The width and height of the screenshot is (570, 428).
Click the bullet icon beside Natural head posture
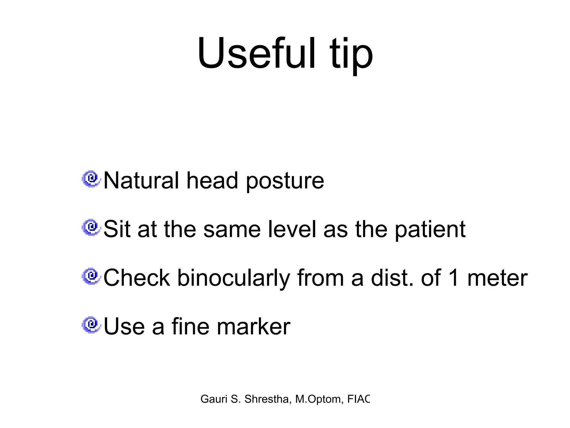(x=91, y=179)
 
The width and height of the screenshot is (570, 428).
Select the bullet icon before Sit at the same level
(x=91, y=228)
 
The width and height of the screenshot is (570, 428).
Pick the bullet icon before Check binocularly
(x=91, y=276)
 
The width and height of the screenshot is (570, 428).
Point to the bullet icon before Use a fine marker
(x=91, y=325)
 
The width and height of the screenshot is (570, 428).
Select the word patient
(x=430, y=230)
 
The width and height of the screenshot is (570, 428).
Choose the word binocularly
(x=234, y=279)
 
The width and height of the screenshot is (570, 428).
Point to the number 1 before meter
(x=454, y=278)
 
